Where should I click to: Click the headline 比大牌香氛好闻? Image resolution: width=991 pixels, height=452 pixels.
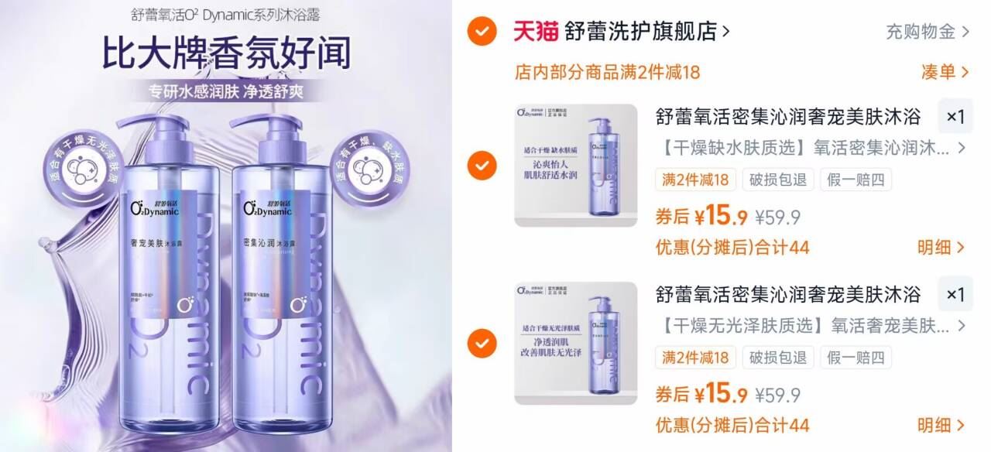226,53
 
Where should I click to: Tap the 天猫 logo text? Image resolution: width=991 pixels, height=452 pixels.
536,32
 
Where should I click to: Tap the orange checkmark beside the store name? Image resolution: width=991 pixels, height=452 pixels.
482,32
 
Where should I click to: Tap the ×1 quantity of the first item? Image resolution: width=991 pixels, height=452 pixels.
955,117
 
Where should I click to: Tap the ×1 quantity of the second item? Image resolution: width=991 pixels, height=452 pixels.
955,295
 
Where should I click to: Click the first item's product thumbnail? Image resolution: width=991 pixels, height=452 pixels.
576,165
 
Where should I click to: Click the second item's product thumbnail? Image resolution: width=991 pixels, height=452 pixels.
576,343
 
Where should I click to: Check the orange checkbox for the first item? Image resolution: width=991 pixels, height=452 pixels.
482,165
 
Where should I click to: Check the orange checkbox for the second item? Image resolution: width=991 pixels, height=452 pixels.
482,341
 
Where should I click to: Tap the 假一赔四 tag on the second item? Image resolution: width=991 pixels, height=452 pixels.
856,358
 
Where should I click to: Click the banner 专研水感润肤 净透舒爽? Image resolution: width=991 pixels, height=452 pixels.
226,91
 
